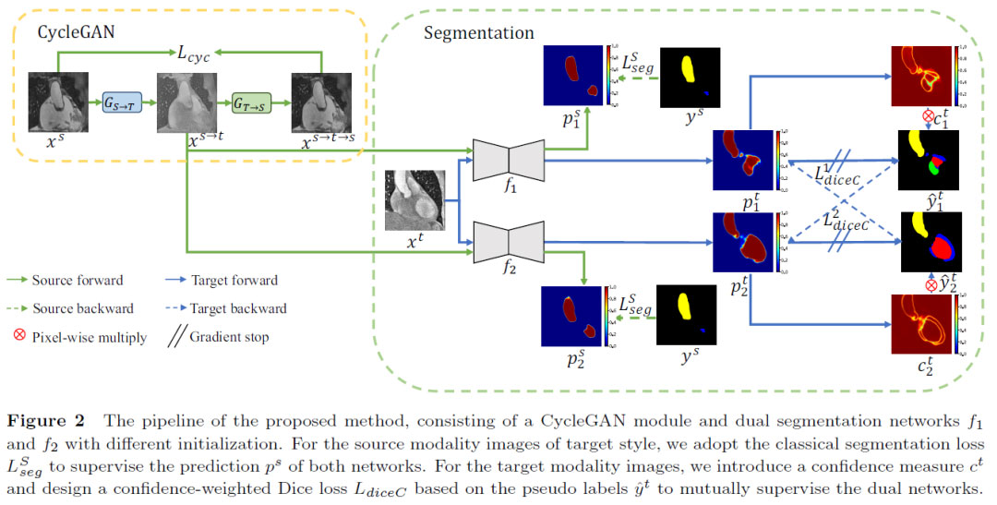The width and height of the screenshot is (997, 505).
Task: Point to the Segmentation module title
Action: click(x=478, y=33)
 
